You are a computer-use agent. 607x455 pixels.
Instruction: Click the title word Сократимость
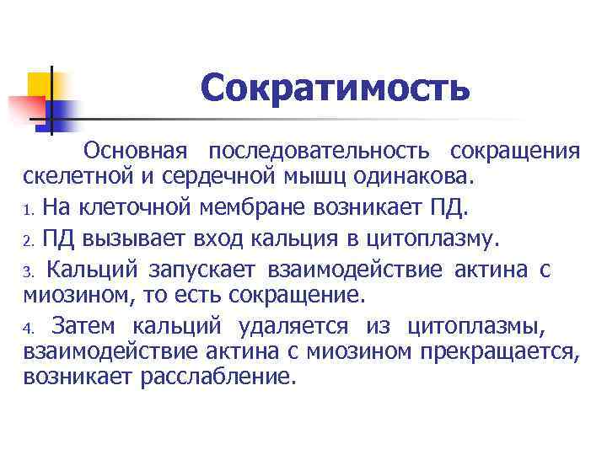[335, 88]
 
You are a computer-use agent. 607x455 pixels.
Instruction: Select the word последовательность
[320, 151]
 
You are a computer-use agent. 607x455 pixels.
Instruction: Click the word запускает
[205, 270]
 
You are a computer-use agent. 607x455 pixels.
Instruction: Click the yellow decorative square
[40, 84]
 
